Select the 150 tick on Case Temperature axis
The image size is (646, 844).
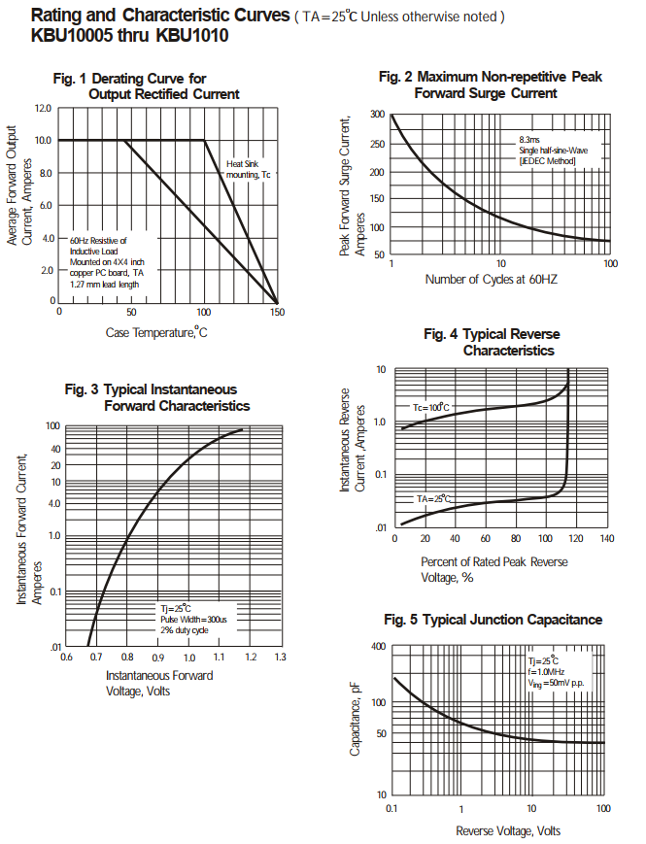click(x=278, y=312)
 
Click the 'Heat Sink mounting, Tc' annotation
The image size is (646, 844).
click(x=249, y=169)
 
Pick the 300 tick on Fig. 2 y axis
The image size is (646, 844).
click(x=377, y=115)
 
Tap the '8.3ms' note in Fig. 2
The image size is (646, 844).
click(x=529, y=140)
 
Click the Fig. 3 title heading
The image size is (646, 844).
click(x=156, y=397)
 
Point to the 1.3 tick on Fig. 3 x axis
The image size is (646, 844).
click(x=280, y=658)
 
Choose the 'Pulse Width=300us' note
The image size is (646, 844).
click(x=193, y=619)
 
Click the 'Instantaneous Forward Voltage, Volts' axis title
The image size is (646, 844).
click(x=159, y=683)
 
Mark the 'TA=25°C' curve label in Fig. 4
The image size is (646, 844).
click(x=434, y=498)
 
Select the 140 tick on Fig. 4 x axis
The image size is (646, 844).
click(x=607, y=538)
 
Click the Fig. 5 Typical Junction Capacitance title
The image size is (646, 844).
click(x=493, y=620)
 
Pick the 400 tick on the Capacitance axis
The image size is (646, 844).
click(x=378, y=647)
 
